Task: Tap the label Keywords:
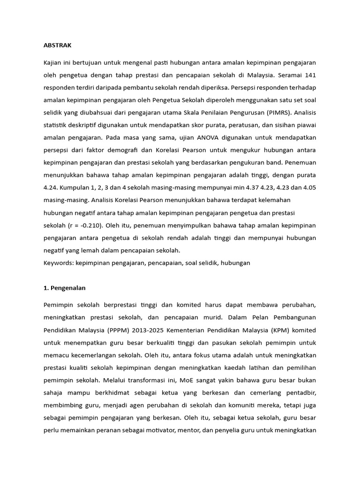click(58, 263)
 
